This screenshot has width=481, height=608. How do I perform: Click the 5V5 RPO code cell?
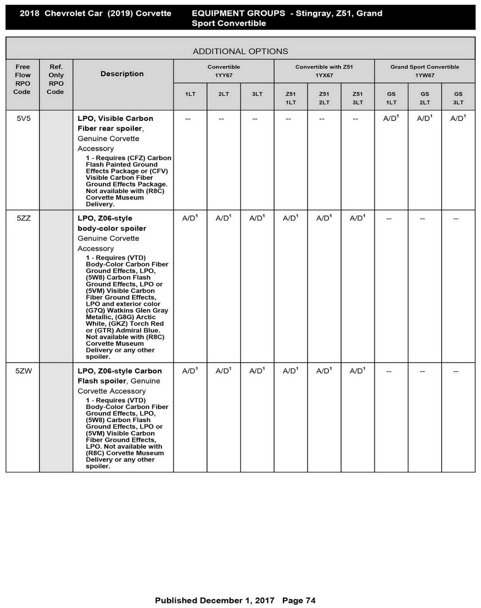click(24, 119)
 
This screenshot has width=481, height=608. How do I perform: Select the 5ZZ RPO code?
click(24, 218)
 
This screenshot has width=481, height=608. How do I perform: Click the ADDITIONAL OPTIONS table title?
click(240, 51)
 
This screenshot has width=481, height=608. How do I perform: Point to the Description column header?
click(122, 74)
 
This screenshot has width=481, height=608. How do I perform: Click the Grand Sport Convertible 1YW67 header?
click(424, 71)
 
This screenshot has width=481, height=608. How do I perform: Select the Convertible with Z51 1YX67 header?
click(324, 71)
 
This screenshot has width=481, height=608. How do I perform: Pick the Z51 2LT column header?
click(324, 98)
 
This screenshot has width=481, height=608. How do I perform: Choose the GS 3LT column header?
click(458, 98)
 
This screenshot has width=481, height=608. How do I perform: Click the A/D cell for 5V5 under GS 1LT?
click(391, 119)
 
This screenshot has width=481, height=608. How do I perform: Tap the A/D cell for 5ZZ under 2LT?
click(223, 218)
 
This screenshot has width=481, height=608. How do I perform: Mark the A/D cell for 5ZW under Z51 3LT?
click(357, 371)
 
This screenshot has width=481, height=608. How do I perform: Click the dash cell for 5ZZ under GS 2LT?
click(422, 219)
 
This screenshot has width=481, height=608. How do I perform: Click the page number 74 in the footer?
click(310, 600)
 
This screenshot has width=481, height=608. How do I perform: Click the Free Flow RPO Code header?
click(22, 79)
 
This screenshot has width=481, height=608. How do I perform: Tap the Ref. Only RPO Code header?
click(55, 79)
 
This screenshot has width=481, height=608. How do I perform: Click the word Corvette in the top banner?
click(153, 13)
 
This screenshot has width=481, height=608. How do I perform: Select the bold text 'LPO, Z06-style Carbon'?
click(120, 371)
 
